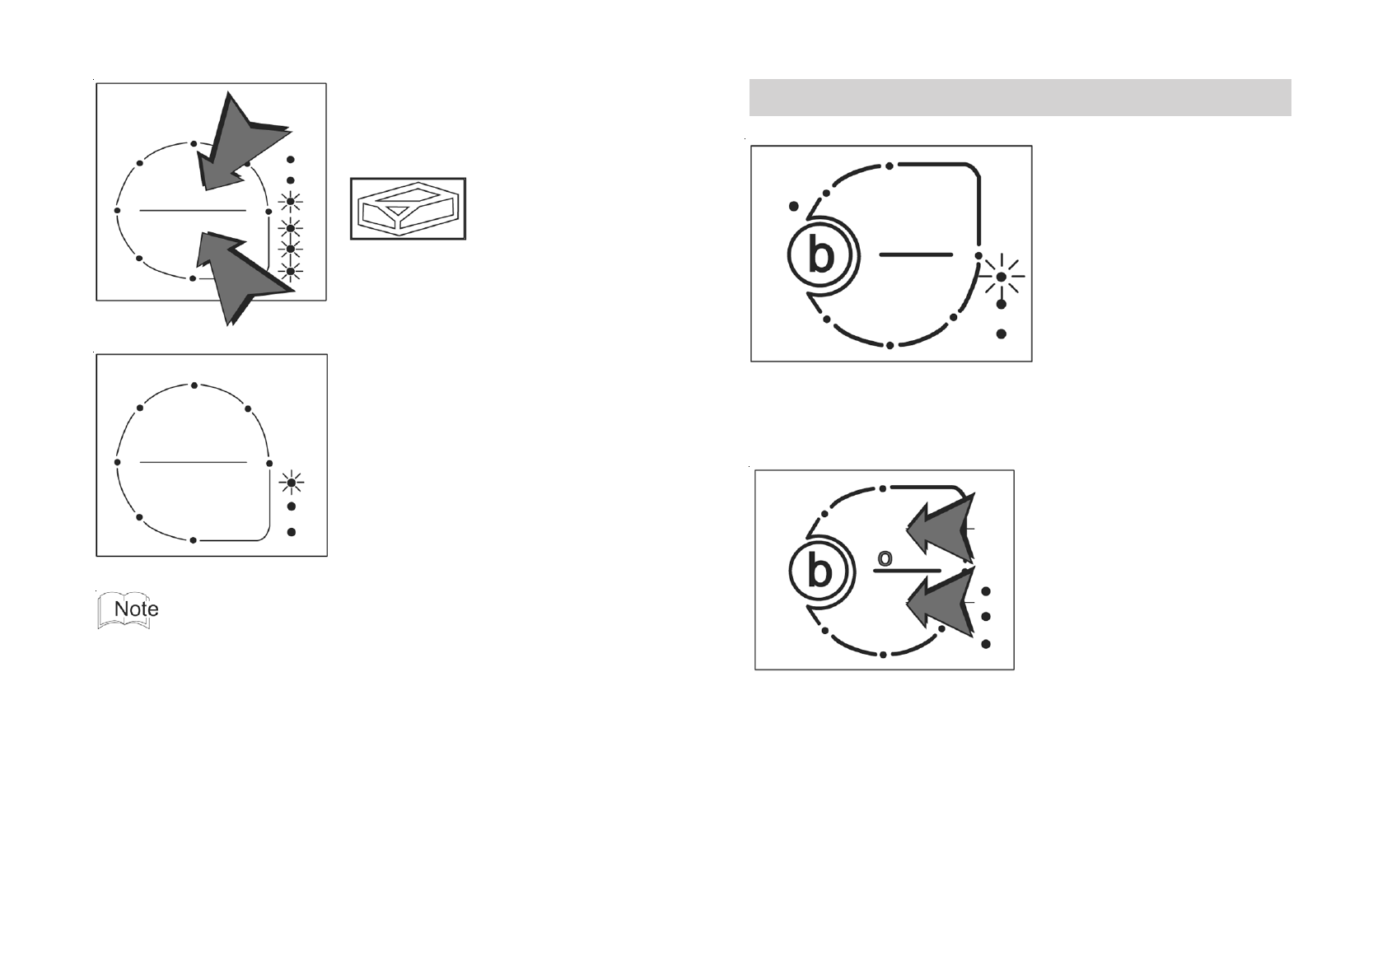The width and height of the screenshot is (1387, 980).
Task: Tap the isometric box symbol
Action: (x=408, y=208)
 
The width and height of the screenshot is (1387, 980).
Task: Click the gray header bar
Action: (x=1020, y=97)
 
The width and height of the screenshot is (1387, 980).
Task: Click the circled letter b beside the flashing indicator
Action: (x=821, y=256)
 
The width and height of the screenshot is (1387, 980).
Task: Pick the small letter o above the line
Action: (x=885, y=558)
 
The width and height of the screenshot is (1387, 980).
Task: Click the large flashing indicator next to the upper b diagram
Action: (x=1001, y=277)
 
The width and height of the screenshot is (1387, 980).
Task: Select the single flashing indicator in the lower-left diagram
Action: (x=292, y=483)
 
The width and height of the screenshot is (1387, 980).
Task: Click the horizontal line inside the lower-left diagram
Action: (x=194, y=462)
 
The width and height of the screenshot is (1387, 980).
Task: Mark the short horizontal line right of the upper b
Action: (x=916, y=255)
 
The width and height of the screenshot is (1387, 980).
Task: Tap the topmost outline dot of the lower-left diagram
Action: (x=194, y=385)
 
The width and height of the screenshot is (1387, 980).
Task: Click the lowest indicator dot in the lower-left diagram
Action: (x=292, y=532)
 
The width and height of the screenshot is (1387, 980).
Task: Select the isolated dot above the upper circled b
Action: (x=793, y=206)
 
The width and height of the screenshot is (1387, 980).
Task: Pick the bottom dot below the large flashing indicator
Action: (x=1002, y=334)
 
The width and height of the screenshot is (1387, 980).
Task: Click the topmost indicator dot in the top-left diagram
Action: (x=290, y=159)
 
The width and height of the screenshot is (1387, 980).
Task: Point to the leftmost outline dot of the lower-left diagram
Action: (x=118, y=462)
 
